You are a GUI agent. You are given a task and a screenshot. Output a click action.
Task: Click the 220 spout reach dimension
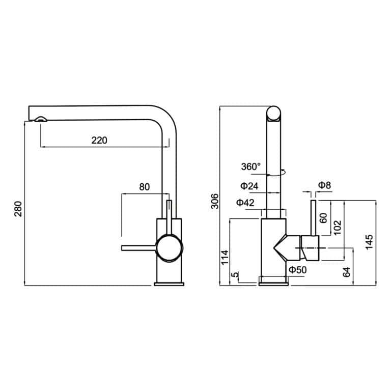99,141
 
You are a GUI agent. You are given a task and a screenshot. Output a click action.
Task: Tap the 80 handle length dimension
144,187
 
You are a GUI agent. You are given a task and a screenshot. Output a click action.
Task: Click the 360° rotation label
250,166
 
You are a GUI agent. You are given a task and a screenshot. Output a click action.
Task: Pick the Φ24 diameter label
249,187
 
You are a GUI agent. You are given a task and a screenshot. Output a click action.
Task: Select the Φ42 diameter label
245,203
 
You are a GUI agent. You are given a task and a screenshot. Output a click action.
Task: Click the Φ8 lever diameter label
324,185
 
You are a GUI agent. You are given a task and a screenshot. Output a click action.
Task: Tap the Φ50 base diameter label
297,270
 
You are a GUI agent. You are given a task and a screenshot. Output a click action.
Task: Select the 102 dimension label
337,227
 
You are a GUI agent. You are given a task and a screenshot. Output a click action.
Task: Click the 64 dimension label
347,271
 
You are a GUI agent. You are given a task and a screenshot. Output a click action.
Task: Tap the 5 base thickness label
235,275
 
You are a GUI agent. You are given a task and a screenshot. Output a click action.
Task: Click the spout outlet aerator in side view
40,119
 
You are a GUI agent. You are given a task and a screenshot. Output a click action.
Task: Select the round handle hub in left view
169,248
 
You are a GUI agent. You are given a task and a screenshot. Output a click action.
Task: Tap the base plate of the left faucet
168,282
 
